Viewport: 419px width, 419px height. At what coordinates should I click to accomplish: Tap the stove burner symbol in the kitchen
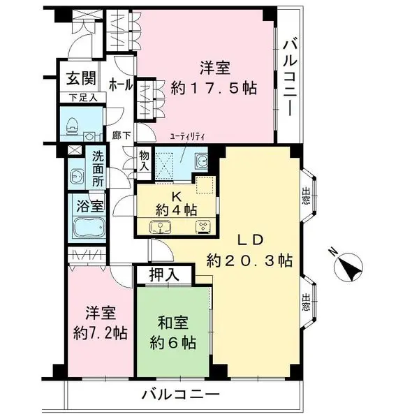coord(205,226)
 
